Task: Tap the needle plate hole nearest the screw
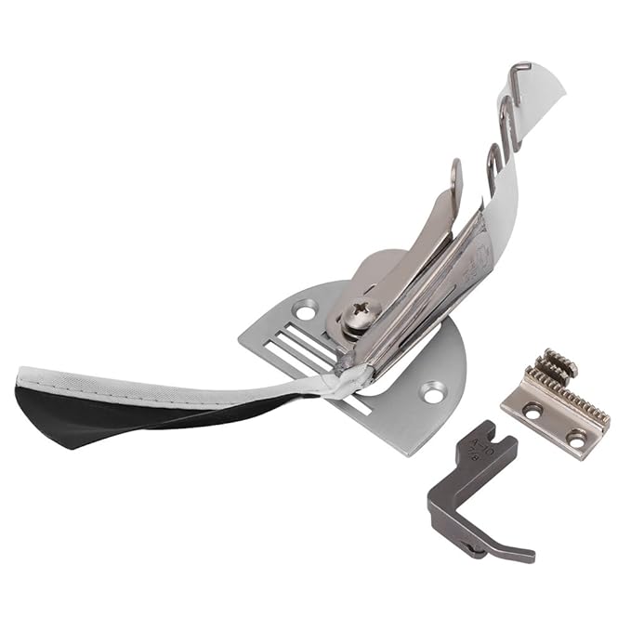click(303, 310)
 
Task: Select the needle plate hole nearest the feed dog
click(432, 393)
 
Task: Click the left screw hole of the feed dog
click(532, 409)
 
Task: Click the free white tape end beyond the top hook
click(548, 93)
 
